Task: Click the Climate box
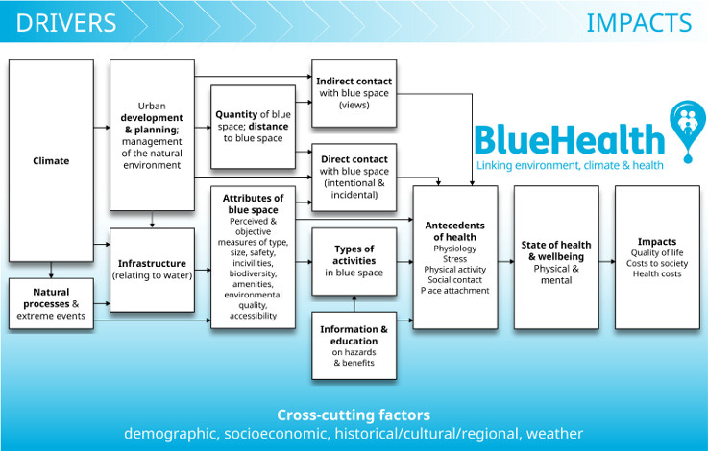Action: point(51,160)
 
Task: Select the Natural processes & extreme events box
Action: point(51,303)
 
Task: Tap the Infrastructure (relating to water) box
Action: point(153,269)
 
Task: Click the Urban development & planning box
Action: point(153,135)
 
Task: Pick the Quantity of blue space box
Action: point(254,126)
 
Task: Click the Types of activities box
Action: point(354,261)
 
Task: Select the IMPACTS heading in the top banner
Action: point(638,22)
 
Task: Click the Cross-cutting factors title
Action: point(354,415)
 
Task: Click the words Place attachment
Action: point(455,290)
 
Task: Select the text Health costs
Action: point(657,274)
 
